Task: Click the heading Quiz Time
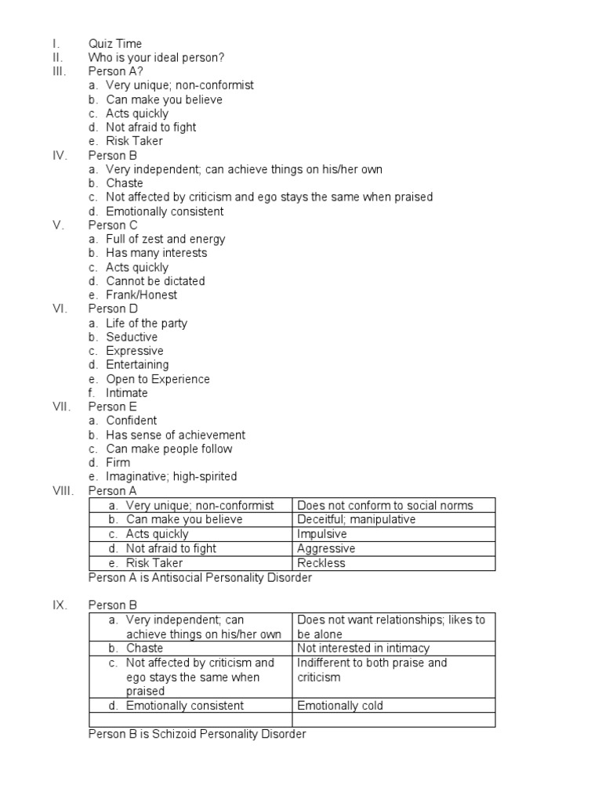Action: tap(115, 44)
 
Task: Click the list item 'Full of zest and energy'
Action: tap(165, 240)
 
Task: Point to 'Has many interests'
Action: tap(157, 253)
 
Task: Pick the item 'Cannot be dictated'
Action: tap(155, 281)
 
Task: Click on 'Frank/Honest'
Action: tap(142, 295)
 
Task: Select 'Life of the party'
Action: tap(147, 323)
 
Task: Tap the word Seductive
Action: tap(132, 338)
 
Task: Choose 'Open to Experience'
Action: tap(158, 379)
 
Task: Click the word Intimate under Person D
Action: tap(127, 393)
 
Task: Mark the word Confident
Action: tap(132, 421)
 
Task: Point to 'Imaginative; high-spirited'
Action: tap(172, 477)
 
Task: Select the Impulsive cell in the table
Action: tap(322, 534)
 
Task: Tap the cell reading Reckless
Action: tap(321, 563)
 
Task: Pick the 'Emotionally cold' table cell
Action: tap(340, 706)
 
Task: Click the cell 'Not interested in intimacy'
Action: tap(364, 648)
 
